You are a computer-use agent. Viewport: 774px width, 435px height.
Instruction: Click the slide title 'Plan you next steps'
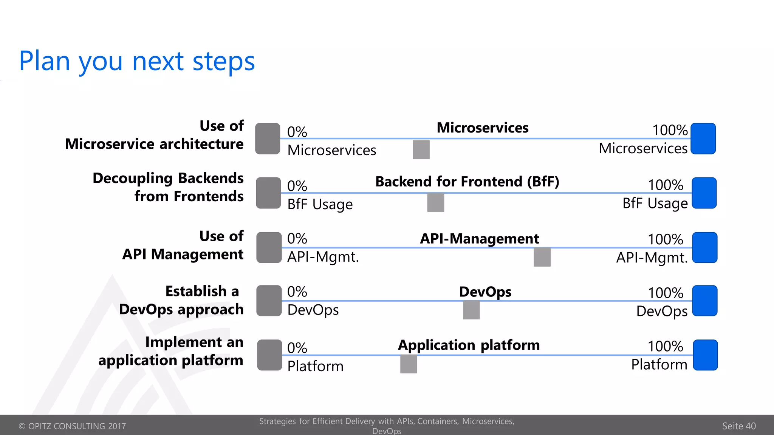coord(137,61)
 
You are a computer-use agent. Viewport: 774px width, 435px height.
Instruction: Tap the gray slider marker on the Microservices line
coord(421,150)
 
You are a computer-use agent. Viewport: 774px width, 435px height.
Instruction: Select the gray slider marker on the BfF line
coord(435,202)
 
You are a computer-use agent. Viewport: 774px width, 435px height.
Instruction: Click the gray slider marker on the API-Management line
coord(542,257)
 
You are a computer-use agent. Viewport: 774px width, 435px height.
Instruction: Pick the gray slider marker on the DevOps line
coord(471,310)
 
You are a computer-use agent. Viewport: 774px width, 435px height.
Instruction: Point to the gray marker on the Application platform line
coord(409,364)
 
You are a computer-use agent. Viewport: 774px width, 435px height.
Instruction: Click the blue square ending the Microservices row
coord(703,139)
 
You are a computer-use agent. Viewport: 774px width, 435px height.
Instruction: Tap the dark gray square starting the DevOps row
coord(269,301)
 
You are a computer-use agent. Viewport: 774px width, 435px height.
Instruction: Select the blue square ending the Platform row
coord(705,355)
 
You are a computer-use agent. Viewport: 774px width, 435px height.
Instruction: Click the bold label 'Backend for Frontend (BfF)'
coord(467,182)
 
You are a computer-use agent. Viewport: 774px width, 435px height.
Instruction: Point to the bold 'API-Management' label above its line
coord(479,239)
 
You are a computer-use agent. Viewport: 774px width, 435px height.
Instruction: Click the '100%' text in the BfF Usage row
coord(665,185)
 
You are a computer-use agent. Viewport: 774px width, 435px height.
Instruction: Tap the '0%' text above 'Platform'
coord(297,348)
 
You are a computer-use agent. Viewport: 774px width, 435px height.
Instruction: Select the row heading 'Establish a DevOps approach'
coord(181,300)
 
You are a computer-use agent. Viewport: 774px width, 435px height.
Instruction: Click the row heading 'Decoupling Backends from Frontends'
coord(169,187)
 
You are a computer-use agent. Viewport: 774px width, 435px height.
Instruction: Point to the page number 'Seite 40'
coord(738,426)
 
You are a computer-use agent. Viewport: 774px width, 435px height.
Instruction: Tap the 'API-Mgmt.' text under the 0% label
coord(323,257)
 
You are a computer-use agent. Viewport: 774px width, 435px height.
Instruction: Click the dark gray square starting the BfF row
coord(268,193)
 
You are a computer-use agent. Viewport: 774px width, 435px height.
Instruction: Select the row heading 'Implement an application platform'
coord(171,351)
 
